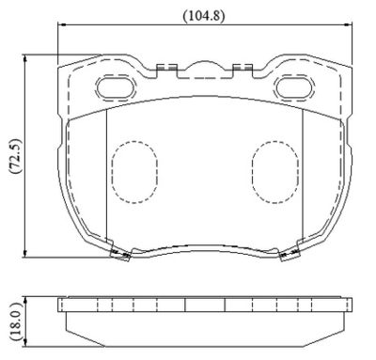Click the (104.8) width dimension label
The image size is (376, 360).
(x=204, y=16)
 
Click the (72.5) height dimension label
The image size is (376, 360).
(x=16, y=156)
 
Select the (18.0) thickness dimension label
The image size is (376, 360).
(x=16, y=321)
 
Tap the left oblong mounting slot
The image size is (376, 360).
(x=116, y=87)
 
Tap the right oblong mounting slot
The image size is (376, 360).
(x=294, y=86)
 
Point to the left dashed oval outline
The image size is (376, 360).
(x=134, y=172)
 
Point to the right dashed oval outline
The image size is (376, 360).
(x=274, y=172)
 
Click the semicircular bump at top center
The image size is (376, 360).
(x=205, y=65)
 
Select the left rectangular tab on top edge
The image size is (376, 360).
(x=167, y=70)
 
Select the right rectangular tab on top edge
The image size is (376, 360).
(x=243, y=70)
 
